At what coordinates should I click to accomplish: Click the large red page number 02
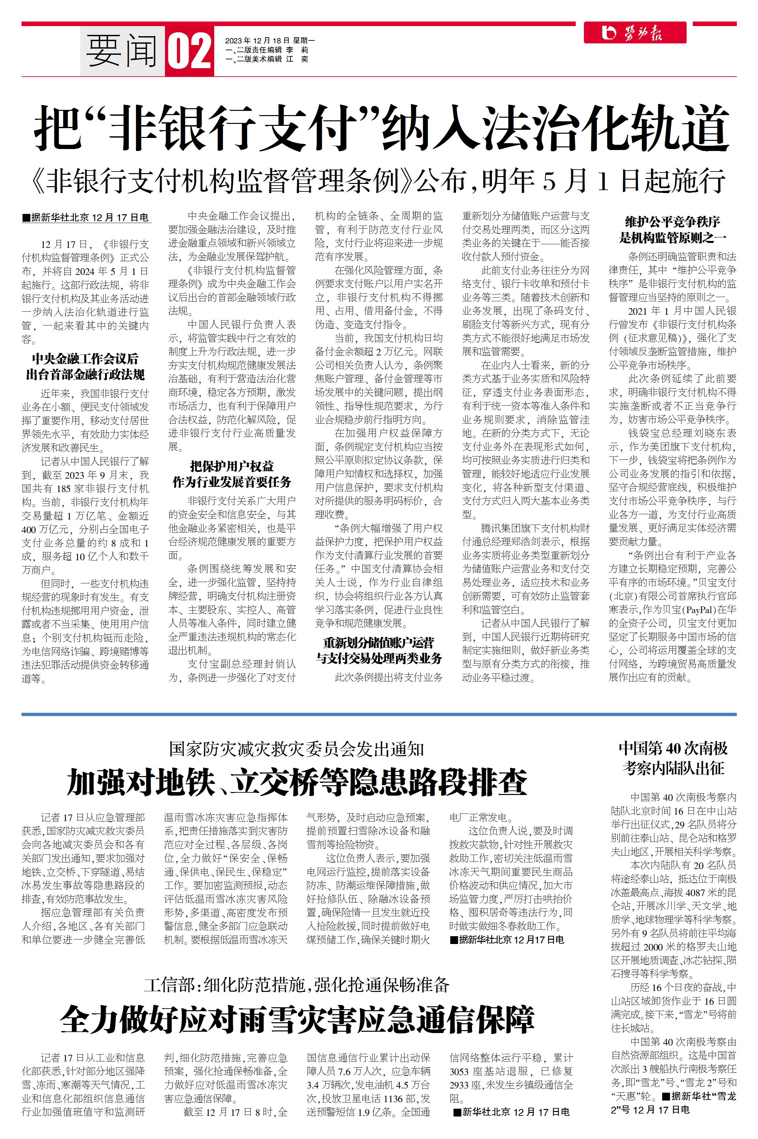click(x=189, y=51)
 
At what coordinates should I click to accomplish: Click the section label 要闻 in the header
click(x=122, y=51)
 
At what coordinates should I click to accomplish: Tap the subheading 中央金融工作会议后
click(x=85, y=359)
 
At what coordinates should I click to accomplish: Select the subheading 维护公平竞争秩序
click(x=673, y=222)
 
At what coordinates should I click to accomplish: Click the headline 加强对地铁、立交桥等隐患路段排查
click(x=297, y=782)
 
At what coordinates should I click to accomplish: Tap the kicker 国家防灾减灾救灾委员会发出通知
click(x=296, y=749)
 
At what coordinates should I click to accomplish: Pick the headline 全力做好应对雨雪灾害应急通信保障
click(x=297, y=1019)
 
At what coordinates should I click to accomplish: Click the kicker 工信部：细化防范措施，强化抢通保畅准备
click(x=296, y=984)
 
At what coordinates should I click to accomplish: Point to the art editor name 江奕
click(x=297, y=59)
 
